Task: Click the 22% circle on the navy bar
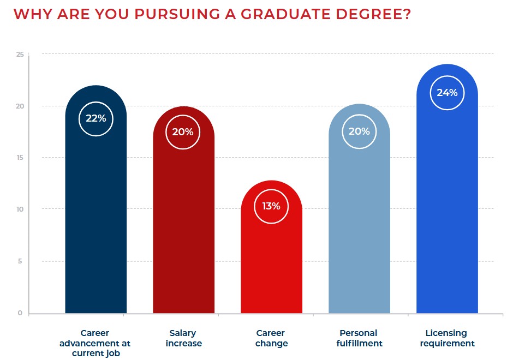[x=96, y=118]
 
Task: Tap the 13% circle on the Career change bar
[x=271, y=206]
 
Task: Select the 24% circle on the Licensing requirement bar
[x=447, y=93]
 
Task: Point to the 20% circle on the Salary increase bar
[x=183, y=131]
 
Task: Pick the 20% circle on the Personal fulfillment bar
[x=359, y=131]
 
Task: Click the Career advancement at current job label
[x=95, y=343]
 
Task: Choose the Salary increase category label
[x=183, y=338]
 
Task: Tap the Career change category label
[x=271, y=338]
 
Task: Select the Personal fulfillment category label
[x=359, y=338]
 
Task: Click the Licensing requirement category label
[x=447, y=338]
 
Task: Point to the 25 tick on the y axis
[x=20, y=54]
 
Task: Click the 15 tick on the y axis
[x=20, y=158]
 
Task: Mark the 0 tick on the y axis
[x=20, y=313]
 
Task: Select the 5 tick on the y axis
[x=20, y=261]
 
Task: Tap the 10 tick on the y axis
[x=20, y=209]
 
